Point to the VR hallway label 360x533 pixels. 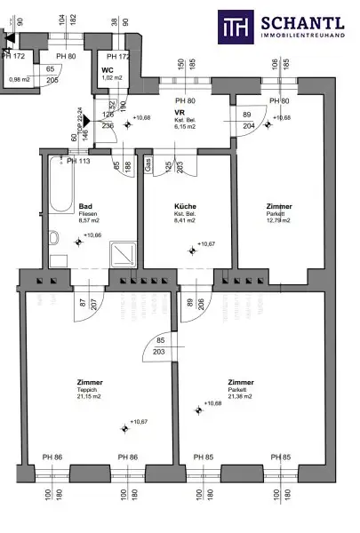click(x=178, y=114)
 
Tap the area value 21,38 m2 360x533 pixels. click(x=240, y=396)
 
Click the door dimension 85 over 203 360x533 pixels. click(x=160, y=346)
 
